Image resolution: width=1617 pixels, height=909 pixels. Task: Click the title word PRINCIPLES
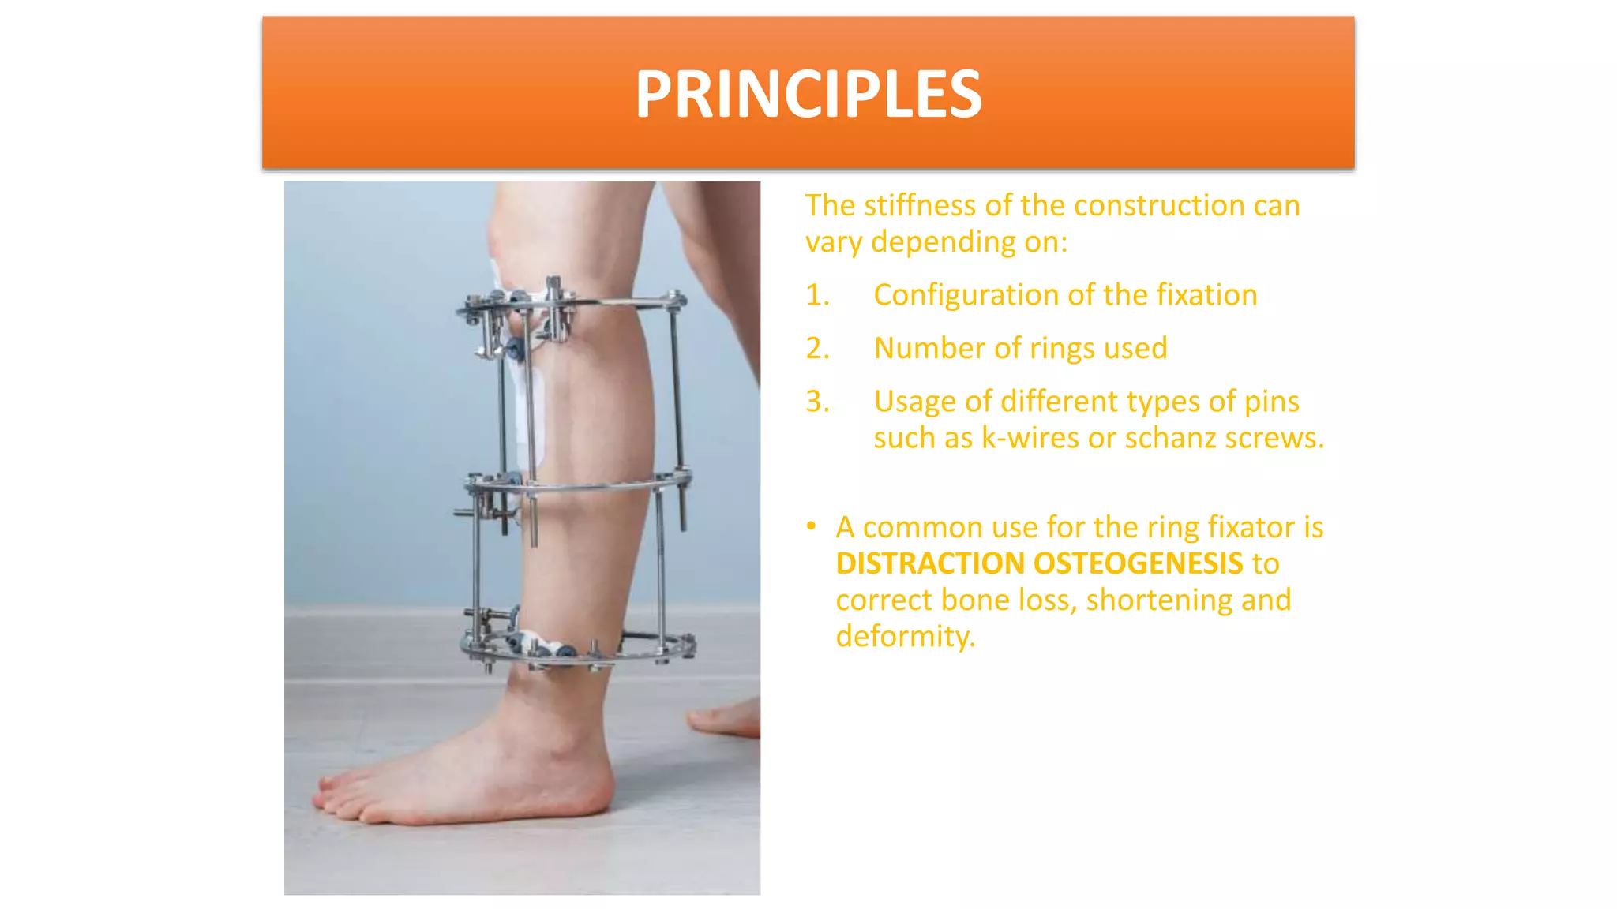pyautogui.click(x=808, y=95)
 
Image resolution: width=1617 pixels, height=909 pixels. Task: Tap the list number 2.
pyautogui.click(x=817, y=349)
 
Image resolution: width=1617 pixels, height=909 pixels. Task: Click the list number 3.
pyautogui.click(x=817, y=402)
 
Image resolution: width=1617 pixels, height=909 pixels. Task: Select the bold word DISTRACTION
pyautogui.click(x=930, y=564)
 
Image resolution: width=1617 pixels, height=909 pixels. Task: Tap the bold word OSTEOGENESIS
pyautogui.click(x=1138, y=564)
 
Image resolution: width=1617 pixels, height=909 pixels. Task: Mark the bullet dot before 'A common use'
pyautogui.click(x=811, y=526)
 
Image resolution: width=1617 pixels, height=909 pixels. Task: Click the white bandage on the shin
pyautogui.click(x=527, y=410)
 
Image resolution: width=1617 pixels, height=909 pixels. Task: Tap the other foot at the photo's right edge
pyautogui.click(x=730, y=718)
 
